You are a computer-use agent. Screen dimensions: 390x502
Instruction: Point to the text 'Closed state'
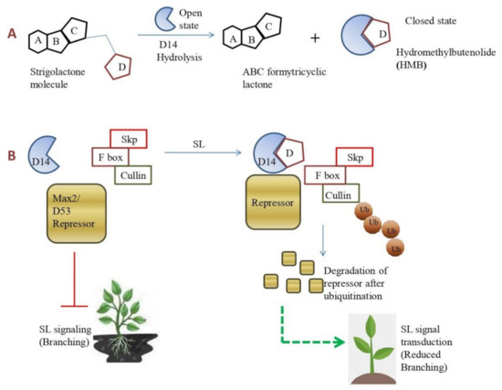pyautogui.click(x=430, y=17)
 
